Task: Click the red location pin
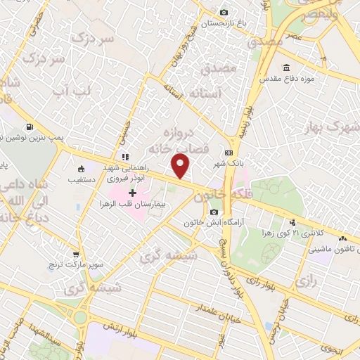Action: (x=181, y=165)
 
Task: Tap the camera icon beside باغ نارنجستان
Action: (x=224, y=12)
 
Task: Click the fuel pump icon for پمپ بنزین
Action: (x=29, y=127)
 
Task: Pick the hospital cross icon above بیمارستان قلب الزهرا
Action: (x=132, y=192)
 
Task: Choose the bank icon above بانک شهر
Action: (x=229, y=153)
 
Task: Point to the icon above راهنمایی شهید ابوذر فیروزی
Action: (x=124, y=156)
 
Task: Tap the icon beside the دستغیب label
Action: (x=82, y=169)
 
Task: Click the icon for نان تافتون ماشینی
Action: (x=341, y=239)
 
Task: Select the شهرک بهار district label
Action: (x=330, y=128)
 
